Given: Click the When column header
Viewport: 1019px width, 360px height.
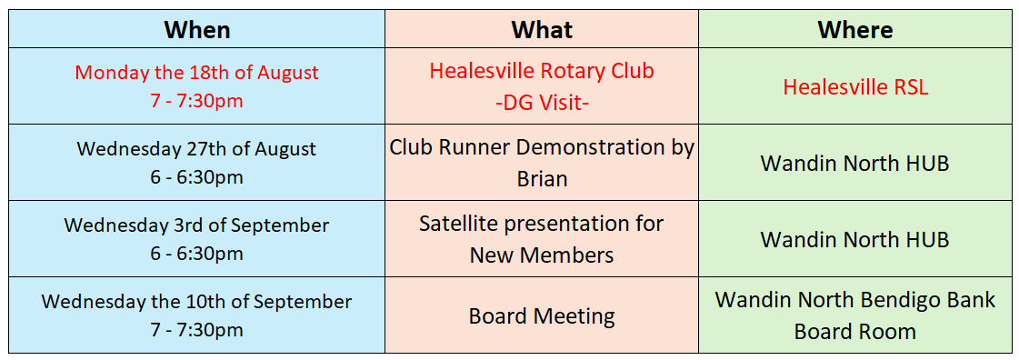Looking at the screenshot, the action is point(197,30).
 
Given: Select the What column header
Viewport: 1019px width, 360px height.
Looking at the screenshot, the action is point(542,30).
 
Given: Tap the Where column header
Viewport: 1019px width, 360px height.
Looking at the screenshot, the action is point(855,30).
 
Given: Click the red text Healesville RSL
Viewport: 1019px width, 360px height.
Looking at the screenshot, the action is point(855,86).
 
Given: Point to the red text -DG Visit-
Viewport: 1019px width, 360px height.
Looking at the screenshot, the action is point(542,103).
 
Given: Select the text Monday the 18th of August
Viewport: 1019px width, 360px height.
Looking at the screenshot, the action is point(197,72).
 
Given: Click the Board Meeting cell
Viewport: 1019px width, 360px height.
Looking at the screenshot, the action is point(542,316).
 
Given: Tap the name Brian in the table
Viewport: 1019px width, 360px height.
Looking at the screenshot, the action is point(542,179).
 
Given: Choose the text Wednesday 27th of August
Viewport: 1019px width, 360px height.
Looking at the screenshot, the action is point(197,149).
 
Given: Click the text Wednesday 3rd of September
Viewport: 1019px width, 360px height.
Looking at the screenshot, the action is point(197,225).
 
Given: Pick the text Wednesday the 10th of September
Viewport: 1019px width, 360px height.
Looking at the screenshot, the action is point(197,302).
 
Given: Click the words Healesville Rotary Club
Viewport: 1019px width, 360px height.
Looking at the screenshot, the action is point(542,71).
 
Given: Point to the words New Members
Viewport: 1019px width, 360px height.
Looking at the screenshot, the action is point(542,255).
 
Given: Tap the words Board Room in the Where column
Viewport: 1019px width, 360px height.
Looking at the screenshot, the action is point(855,332).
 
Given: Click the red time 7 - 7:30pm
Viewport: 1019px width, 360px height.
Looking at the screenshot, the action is point(197,102).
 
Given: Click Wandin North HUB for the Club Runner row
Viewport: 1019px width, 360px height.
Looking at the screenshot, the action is point(855,163).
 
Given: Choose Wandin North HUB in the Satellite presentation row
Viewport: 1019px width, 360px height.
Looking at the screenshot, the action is point(855,240).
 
